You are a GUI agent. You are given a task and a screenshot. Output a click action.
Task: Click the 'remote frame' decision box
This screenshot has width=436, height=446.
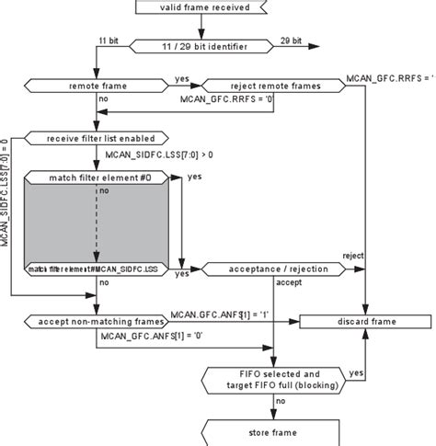coord(98,85)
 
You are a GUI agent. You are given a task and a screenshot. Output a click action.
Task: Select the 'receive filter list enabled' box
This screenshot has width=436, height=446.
coord(96,138)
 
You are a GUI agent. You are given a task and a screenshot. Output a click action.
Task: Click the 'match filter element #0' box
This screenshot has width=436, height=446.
coord(97,176)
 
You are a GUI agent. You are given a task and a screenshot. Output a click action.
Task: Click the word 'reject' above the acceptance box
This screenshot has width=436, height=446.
coord(353,255)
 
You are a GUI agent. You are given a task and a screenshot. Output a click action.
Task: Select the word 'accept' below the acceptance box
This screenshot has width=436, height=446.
coord(289,282)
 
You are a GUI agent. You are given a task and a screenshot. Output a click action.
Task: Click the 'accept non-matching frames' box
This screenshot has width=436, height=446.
coord(98,322)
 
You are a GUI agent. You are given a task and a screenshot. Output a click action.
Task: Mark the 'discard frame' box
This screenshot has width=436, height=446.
coord(367,322)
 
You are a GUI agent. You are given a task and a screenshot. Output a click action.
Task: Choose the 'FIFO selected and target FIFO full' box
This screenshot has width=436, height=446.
coord(275,380)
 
